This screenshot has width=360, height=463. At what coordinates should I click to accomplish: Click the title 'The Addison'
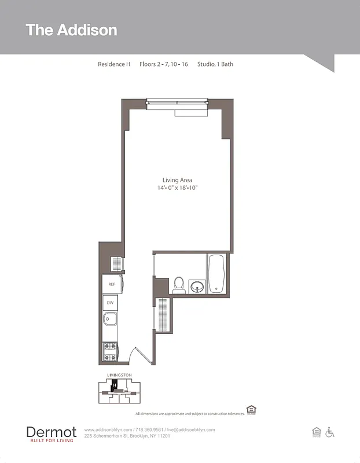pos(71,30)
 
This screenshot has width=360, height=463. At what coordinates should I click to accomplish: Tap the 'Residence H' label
pos(114,64)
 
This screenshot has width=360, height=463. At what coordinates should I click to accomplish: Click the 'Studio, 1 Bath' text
pos(215,64)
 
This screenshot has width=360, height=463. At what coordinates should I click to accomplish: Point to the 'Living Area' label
pos(177,180)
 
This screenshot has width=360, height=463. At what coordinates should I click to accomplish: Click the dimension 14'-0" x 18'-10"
pos(181,188)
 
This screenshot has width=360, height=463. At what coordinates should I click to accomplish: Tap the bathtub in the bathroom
pos(218,273)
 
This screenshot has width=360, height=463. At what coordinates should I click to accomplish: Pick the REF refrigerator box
pos(111,284)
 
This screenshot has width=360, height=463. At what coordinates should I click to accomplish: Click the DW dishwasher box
pos(110,303)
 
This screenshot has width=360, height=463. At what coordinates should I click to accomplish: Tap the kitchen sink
pos(110,319)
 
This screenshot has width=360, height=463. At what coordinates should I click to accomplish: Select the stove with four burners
pos(110,352)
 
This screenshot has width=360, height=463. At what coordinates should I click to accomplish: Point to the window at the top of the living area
pos(177,103)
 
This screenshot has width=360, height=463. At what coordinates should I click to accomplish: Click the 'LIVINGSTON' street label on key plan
pos(119,375)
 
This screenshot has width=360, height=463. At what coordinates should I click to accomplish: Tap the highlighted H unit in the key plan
pos(115,384)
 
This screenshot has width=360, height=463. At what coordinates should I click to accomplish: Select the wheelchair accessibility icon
pos(330,432)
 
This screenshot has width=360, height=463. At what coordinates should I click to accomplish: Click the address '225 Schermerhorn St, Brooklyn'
pos(127,436)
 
